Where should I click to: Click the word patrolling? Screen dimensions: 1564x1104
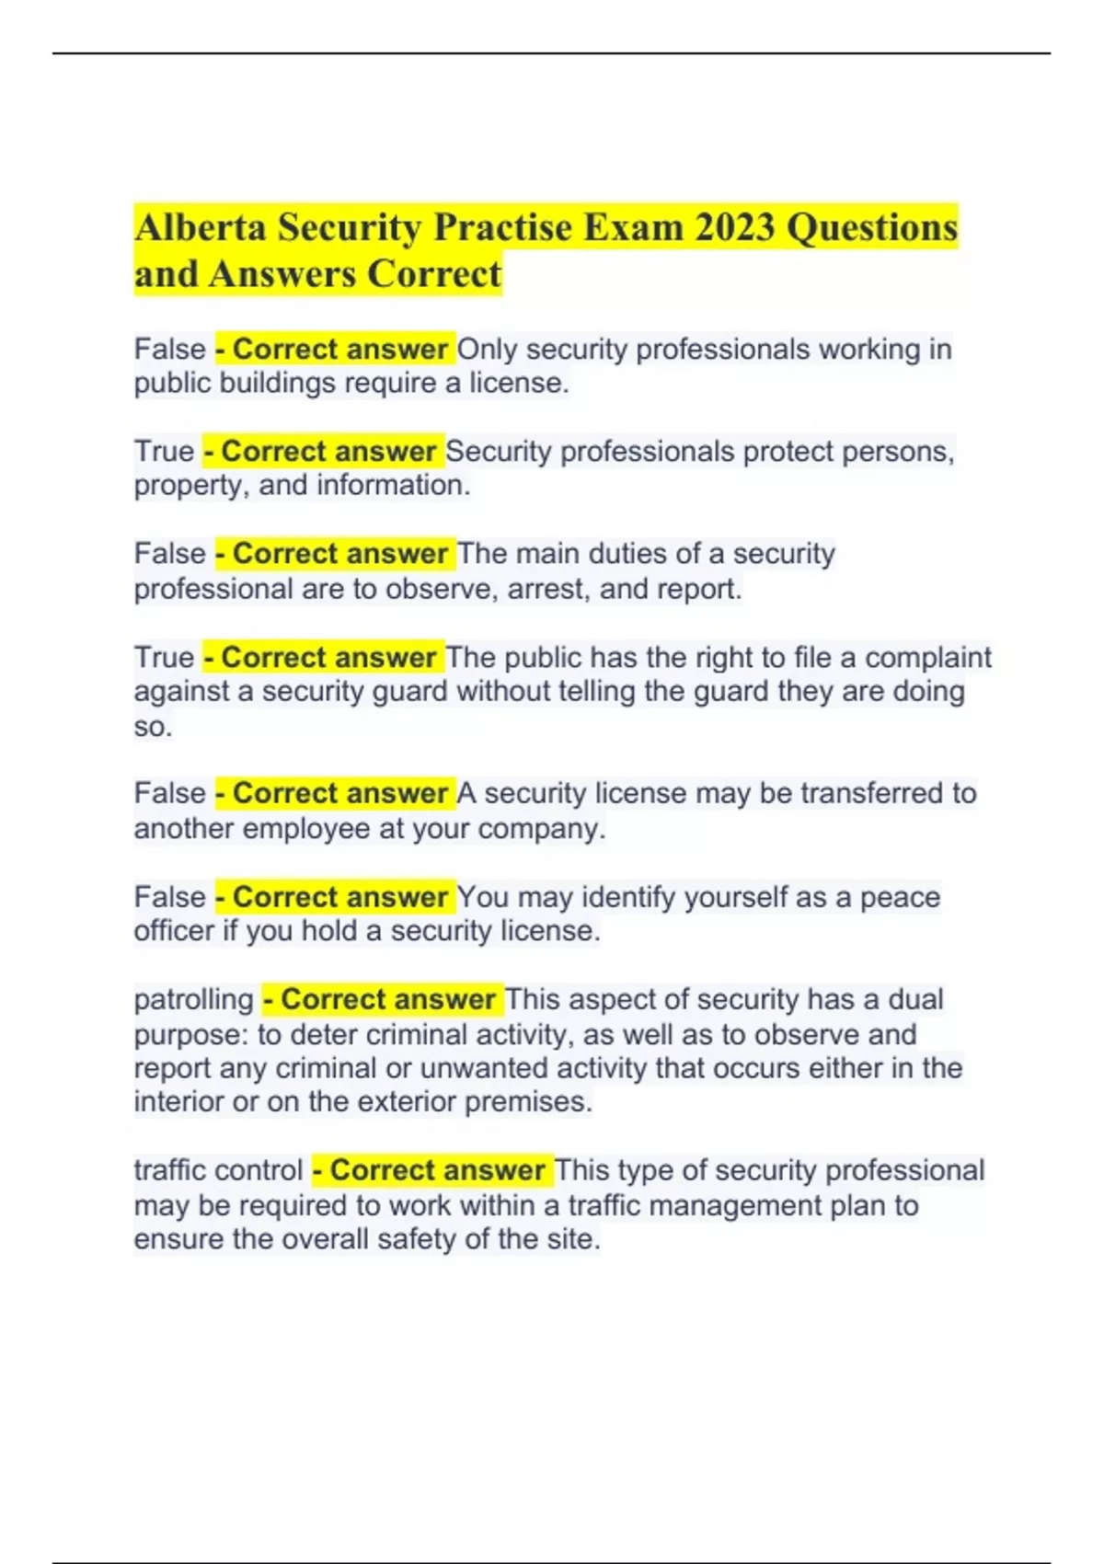(x=193, y=1000)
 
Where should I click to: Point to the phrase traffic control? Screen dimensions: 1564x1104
(x=218, y=1170)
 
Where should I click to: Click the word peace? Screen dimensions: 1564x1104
(x=900, y=897)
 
